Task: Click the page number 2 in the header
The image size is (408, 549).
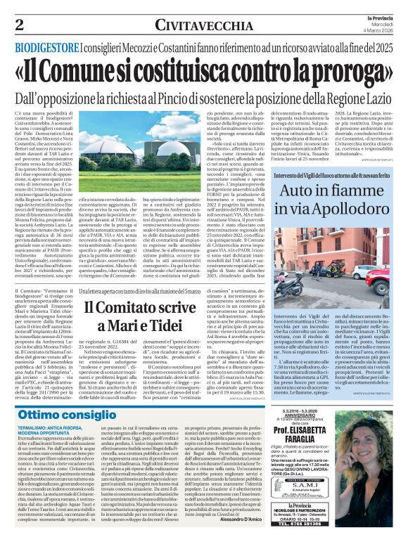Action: coord(19,25)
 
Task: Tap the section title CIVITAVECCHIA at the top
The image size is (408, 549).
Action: coord(196,25)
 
